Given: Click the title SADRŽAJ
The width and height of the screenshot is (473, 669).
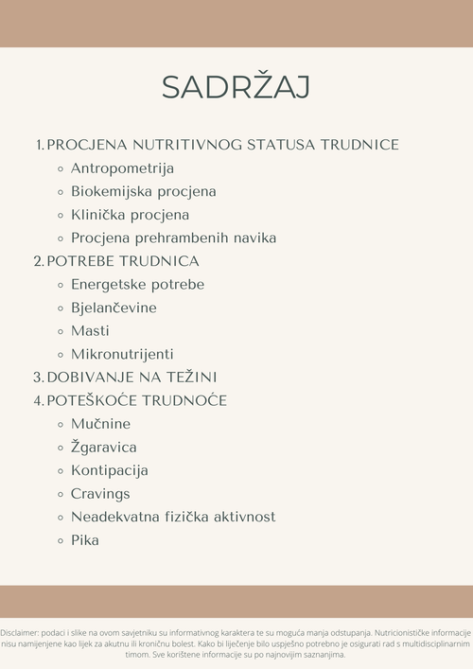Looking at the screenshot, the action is pyautogui.click(x=236, y=86).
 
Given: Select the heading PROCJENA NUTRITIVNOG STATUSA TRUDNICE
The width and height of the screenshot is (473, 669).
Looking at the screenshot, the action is pyautogui.click(x=222, y=145).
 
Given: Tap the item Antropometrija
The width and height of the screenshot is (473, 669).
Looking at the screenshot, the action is pyautogui.click(x=122, y=168).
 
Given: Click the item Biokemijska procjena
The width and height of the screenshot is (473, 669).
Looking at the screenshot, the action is pyautogui.click(x=143, y=191).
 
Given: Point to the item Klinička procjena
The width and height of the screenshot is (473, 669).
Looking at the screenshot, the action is pyautogui.click(x=130, y=215).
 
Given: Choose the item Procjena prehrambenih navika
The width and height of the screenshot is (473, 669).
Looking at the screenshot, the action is pyautogui.click(x=173, y=238).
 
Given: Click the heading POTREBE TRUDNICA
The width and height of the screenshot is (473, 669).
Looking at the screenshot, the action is pyautogui.click(x=123, y=261).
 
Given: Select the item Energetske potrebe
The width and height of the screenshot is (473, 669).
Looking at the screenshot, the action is pyautogui.click(x=137, y=285).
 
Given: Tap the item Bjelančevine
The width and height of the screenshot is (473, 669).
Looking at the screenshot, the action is pyautogui.click(x=114, y=308).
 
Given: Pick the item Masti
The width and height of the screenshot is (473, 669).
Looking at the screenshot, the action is pyautogui.click(x=90, y=331).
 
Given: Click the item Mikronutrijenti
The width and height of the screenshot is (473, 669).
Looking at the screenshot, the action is pyautogui.click(x=122, y=355).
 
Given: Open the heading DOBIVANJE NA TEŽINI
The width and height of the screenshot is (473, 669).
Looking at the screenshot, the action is pyautogui.click(x=131, y=377).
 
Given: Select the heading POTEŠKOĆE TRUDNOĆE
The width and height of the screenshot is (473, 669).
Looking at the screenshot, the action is pyautogui.click(x=136, y=400).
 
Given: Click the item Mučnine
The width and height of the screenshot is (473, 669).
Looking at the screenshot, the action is pyautogui.click(x=100, y=424).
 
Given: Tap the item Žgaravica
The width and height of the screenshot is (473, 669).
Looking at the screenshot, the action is pyautogui.click(x=104, y=447).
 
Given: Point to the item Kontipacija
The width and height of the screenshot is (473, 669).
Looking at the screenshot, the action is pyautogui.click(x=109, y=470).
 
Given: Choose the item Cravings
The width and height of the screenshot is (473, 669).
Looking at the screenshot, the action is pyautogui.click(x=100, y=494).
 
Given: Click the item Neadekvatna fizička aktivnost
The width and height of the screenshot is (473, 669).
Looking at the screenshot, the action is pyautogui.click(x=173, y=517).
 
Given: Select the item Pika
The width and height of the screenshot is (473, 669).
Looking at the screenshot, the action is pyautogui.click(x=84, y=540).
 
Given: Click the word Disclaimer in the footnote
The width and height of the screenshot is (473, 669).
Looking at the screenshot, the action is pyautogui.click(x=18, y=631).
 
